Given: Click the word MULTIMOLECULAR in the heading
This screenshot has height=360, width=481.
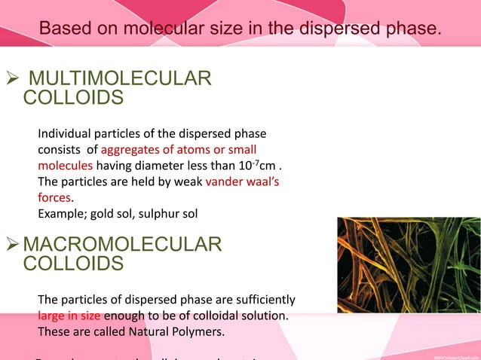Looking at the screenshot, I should point(119,79).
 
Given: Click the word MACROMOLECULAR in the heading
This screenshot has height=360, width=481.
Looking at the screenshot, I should point(123,245).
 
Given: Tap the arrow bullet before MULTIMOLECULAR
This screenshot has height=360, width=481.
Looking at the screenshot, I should point(12,79).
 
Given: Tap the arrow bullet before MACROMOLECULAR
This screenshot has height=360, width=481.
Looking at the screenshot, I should point(13,245).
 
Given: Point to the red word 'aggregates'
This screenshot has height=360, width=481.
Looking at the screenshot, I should point(130,149).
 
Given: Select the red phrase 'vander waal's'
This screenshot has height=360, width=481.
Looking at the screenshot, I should point(242,182).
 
